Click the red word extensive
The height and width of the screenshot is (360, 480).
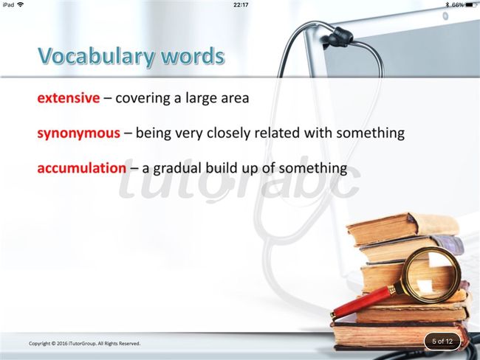pyautogui.click(x=69, y=98)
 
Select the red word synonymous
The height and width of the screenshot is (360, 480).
pyautogui.click(x=79, y=134)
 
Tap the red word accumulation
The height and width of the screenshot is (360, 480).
pyautogui.click(x=82, y=168)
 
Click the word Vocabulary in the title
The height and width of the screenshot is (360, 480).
pyautogui.click(x=96, y=57)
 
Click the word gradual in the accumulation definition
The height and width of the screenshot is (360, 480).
pyautogui.click(x=176, y=168)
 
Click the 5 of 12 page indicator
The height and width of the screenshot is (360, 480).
pyautogui.click(x=442, y=342)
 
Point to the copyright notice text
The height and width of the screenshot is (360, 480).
pyautogui.click(x=84, y=344)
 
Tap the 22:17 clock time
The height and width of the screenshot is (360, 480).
pyautogui.click(x=241, y=5)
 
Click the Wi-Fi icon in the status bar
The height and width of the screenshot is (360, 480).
pyautogui.click(x=21, y=4)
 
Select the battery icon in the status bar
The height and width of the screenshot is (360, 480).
pyautogui.click(x=471, y=5)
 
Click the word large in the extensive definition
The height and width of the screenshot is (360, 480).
pyautogui.click(x=200, y=99)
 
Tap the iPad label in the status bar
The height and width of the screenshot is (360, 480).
pyautogui.click(x=8, y=4)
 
